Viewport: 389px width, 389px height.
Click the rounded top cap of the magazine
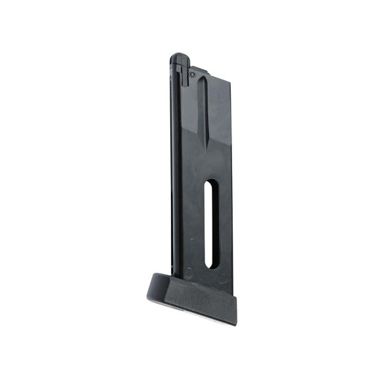pyautogui.click(x=179, y=57)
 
